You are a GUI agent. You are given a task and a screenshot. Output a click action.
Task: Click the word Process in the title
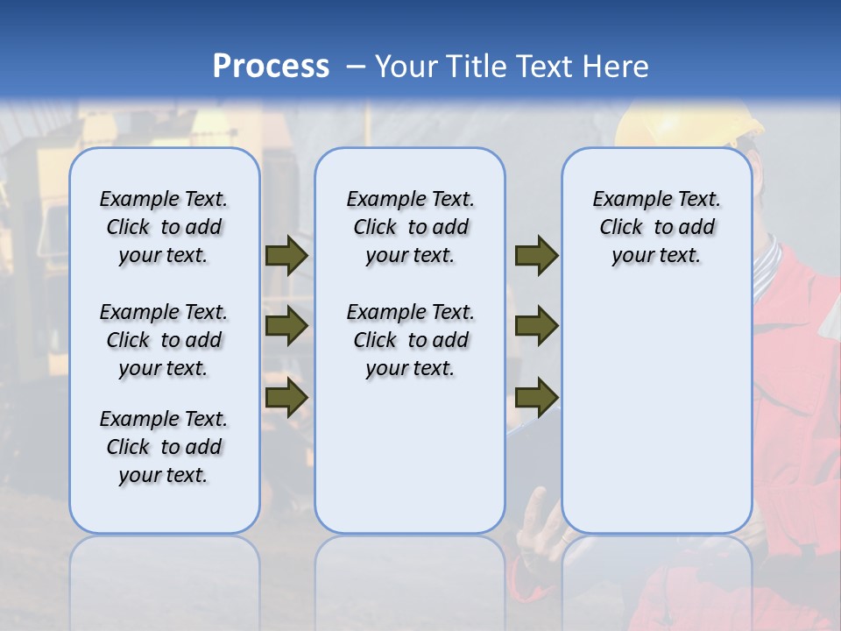click(x=271, y=67)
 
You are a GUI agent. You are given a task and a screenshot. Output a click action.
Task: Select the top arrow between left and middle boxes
click(x=286, y=256)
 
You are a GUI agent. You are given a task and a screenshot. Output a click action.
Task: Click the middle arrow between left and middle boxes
click(x=286, y=326)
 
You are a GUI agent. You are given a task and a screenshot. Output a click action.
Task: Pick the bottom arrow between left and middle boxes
click(x=286, y=398)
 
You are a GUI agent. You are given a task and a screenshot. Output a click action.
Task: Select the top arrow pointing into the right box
click(x=536, y=256)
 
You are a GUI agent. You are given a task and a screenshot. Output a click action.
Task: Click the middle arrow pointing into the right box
click(x=536, y=326)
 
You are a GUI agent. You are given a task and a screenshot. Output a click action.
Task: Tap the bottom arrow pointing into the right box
click(x=536, y=398)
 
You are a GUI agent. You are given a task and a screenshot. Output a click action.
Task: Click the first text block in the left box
click(x=164, y=227)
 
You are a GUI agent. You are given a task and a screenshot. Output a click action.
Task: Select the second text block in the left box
click(x=164, y=340)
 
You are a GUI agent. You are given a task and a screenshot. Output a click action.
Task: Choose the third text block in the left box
click(x=164, y=447)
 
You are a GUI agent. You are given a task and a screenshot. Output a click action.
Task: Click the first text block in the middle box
click(x=410, y=227)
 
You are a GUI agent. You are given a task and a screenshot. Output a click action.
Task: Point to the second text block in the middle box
click(x=410, y=340)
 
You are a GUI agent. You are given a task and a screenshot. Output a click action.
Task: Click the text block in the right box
click(x=656, y=227)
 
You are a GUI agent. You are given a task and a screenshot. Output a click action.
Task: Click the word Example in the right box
click(x=625, y=200)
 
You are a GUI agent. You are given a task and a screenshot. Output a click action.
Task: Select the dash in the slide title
click(x=356, y=67)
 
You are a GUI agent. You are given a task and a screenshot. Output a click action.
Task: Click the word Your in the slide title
click(x=406, y=67)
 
